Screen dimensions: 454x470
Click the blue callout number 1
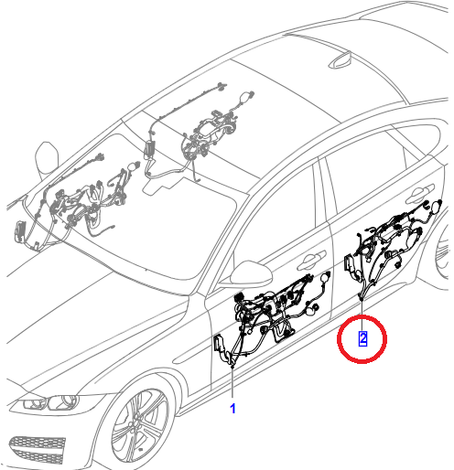[232, 409]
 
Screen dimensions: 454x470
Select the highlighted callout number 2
[362, 338]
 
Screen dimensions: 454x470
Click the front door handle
[312, 259]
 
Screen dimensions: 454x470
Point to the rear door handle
[420, 193]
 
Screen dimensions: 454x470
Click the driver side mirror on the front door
[251, 273]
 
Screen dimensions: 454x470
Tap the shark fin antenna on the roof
[340, 61]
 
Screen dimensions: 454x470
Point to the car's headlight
[46, 402]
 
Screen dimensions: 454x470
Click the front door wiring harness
[268, 317]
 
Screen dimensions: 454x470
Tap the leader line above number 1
[232, 382]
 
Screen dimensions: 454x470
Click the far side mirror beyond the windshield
[47, 158]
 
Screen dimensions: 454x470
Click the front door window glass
[276, 219]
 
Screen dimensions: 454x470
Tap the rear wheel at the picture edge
[442, 253]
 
